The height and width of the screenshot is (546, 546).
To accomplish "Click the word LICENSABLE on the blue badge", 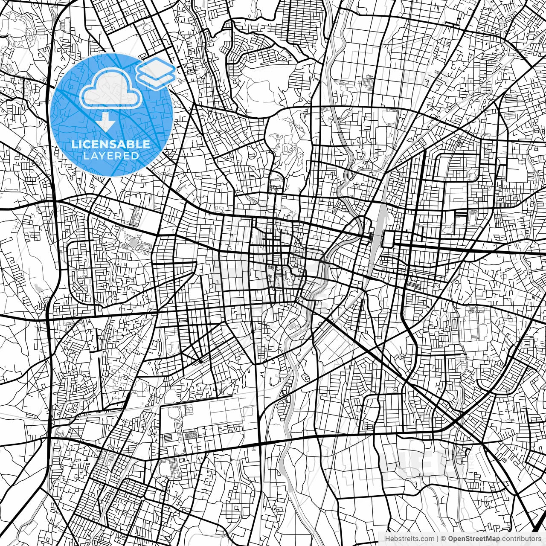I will [x=111, y=144].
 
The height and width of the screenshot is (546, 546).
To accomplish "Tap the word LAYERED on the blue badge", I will [x=111, y=156].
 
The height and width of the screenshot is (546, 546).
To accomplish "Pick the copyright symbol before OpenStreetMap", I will [x=444, y=539].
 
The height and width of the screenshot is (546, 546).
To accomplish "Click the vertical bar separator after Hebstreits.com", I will [x=438, y=539].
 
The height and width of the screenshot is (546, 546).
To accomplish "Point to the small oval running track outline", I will [x=472, y=213].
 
